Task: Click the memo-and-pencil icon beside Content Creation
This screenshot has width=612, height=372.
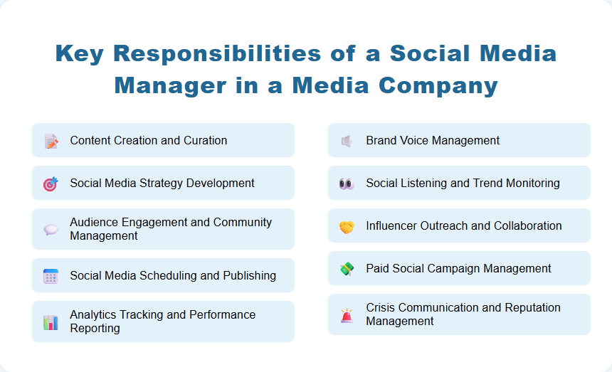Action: click(51, 141)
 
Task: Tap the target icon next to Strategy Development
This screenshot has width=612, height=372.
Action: click(51, 184)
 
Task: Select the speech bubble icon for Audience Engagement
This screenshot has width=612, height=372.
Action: click(51, 229)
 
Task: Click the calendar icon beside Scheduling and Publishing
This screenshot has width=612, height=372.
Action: click(51, 276)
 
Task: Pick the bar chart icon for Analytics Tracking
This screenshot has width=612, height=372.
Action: click(51, 321)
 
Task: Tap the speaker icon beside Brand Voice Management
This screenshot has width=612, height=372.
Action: click(347, 141)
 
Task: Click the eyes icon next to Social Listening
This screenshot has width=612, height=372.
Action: click(347, 184)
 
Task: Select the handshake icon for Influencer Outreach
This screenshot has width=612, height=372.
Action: click(347, 226)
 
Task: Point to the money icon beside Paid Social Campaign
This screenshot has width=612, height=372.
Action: click(347, 269)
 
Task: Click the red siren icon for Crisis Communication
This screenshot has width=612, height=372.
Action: click(347, 315)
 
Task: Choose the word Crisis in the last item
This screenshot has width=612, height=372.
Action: click(381, 308)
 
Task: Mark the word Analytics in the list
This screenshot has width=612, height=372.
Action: click(93, 315)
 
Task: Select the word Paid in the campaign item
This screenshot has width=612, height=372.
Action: click(378, 269)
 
